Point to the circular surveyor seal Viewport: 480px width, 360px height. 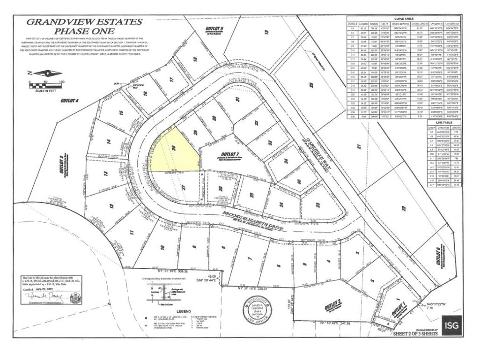click(x=256, y=311)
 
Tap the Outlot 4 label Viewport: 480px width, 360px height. click(x=69, y=100)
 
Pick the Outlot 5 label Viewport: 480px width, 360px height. click(x=215, y=30)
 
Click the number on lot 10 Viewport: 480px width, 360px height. click(x=162, y=247)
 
